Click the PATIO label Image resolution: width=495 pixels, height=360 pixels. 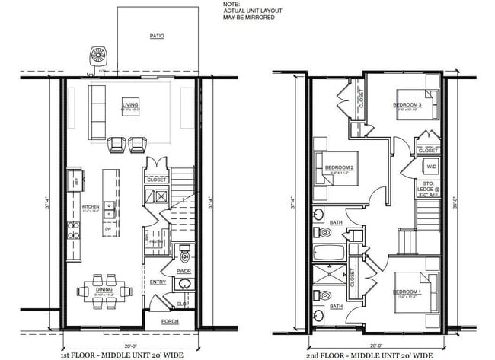(x=158, y=35)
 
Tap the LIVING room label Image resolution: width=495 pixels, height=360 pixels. (x=130, y=105)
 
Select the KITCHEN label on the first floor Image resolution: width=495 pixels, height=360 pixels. (x=91, y=206)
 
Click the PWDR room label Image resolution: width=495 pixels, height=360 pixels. (x=183, y=269)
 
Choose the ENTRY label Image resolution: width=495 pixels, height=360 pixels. (x=158, y=282)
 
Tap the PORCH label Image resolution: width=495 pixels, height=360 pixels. (x=170, y=322)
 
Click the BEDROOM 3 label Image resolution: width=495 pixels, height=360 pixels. (x=407, y=104)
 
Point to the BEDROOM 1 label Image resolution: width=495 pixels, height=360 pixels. (x=407, y=292)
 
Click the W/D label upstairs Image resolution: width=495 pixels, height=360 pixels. (x=431, y=166)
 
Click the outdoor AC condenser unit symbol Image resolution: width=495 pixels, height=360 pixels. (x=98, y=56)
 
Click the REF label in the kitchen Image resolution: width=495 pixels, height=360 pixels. (x=76, y=180)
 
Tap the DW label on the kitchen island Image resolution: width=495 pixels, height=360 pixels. (x=109, y=228)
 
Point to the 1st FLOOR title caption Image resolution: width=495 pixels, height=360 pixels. (x=122, y=354)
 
